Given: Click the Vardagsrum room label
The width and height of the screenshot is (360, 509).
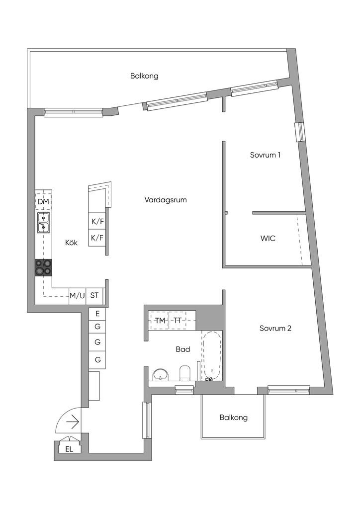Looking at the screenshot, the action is (x=166, y=200).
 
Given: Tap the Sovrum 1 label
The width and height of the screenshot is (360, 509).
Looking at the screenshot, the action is (x=265, y=155).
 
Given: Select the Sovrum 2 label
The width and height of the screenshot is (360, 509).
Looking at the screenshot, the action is (x=275, y=328).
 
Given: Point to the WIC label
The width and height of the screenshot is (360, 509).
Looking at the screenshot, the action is (x=268, y=238).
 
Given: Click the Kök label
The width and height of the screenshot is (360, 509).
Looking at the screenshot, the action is (x=72, y=242).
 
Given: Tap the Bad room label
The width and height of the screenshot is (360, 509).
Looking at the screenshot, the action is (x=183, y=349).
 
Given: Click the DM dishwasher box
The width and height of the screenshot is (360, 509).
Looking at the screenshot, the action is (x=43, y=202).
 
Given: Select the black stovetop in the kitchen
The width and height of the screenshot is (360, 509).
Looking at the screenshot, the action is (x=43, y=267).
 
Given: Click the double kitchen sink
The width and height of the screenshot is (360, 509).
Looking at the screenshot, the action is (x=43, y=223).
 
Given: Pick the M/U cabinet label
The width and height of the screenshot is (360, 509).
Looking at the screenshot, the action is (x=77, y=296).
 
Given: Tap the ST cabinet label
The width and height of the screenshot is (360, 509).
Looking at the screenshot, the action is (x=94, y=295).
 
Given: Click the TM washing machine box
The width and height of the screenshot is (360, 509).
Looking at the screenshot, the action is (x=159, y=321).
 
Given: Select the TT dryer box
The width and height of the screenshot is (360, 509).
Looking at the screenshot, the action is (x=177, y=321).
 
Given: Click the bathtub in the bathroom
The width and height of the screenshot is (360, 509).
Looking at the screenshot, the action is (x=212, y=355).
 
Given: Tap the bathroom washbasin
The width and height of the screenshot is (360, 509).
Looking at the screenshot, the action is (x=161, y=374).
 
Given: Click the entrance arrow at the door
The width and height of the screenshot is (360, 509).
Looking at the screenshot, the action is (x=73, y=423).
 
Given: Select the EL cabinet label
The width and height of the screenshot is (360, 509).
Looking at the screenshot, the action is (x=69, y=449).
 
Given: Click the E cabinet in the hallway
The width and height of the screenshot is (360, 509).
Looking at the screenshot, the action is (x=97, y=314).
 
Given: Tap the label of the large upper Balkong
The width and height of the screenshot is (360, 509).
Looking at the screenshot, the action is (x=145, y=76).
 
